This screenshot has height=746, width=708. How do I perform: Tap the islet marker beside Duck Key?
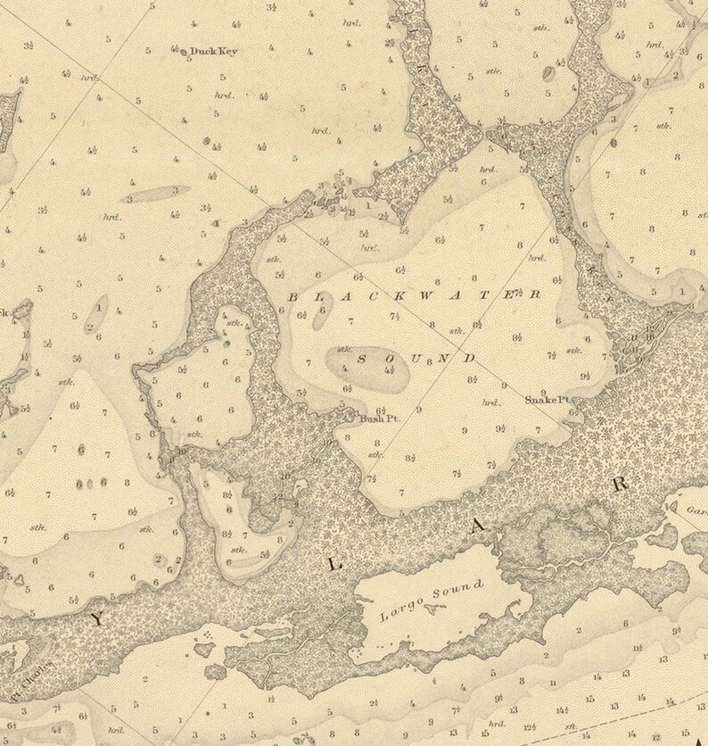click(185, 53)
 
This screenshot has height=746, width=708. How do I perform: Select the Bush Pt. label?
click(376, 417)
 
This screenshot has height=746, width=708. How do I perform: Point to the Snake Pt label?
click(547, 399)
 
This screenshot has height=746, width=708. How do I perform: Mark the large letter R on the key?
click(619, 485)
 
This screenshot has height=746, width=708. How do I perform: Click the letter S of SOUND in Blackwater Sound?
click(362, 359)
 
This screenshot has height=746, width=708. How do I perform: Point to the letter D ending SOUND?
click(470, 358)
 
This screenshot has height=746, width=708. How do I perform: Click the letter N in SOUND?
click(443, 359)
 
